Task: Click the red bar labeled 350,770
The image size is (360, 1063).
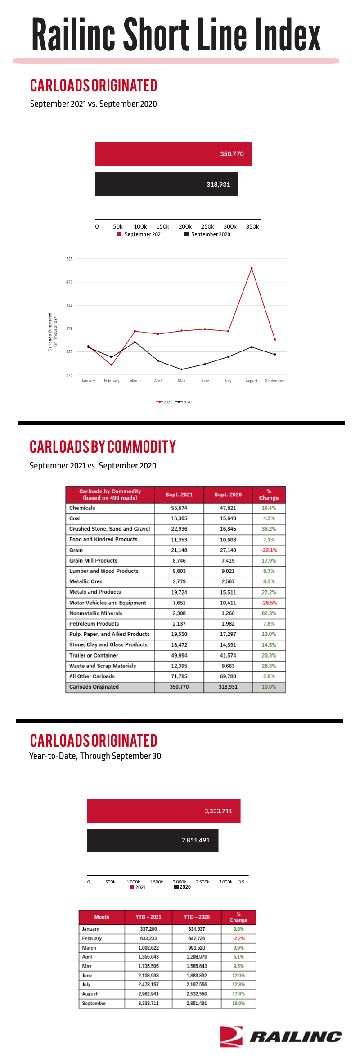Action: click(x=174, y=154)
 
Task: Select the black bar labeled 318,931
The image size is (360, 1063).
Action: click(x=166, y=184)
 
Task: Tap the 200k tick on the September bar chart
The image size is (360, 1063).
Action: click(x=185, y=227)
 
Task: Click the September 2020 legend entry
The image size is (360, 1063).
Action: click(x=207, y=234)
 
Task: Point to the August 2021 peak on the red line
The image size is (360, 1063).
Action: click(x=252, y=268)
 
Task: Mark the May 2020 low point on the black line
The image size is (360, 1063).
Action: click(x=181, y=369)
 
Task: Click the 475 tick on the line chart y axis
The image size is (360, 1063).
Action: click(x=69, y=282)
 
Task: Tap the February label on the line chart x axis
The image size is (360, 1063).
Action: click(x=112, y=381)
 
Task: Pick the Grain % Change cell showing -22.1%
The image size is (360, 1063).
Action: click(x=269, y=550)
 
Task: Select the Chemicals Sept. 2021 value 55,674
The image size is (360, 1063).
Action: click(x=179, y=508)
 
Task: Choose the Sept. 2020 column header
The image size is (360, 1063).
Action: click(x=228, y=495)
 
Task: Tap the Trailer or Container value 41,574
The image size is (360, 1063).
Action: click(x=228, y=655)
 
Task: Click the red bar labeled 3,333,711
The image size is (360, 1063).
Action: click(x=164, y=811)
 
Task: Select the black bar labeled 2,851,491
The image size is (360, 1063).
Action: click(x=153, y=840)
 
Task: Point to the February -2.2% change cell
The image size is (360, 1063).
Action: click(x=238, y=938)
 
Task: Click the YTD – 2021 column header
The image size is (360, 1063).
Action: click(x=148, y=917)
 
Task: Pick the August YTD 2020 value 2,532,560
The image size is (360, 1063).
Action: click(x=197, y=994)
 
